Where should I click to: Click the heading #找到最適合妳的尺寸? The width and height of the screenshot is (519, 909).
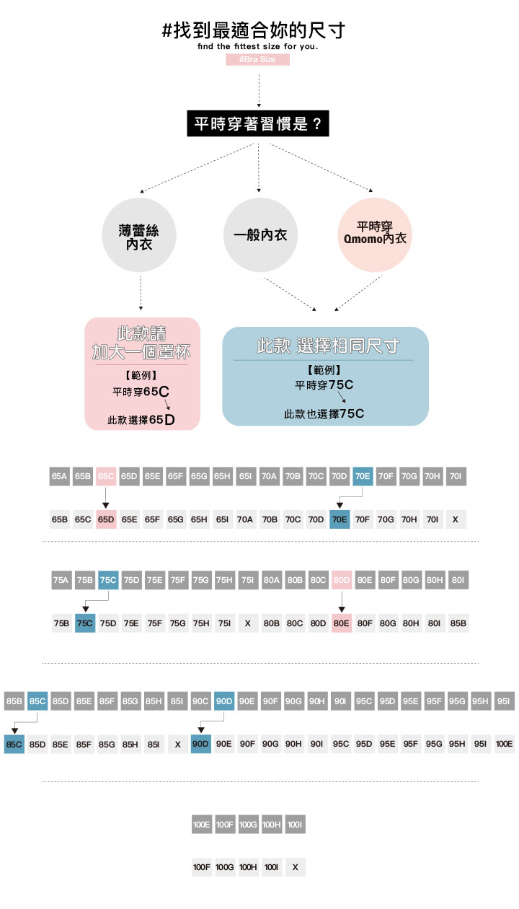pyautogui.click(x=254, y=31)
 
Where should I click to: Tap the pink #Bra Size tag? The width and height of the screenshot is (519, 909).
pyautogui.click(x=257, y=60)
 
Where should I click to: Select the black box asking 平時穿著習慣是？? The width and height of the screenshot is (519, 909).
pyautogui.click(x=258, y=123)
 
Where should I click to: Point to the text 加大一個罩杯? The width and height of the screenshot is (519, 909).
pyautogui.click(x=141, y=353)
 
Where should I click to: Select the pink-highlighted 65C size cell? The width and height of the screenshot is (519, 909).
pyautogui.click(x=105, y=476)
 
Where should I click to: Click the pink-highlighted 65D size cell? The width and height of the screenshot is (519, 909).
pyautogui.click(x=105, y=519)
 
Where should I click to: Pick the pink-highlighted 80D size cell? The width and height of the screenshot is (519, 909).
pyautogui.click(x=342, y=579)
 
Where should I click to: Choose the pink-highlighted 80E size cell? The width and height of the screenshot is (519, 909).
pyautogui.click(x=342, y=623)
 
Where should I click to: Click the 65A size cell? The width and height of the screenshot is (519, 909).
pyautogui.click(x=59, y=476)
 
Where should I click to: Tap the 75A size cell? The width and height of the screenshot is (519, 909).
pyautogui.click(x=61, y=579)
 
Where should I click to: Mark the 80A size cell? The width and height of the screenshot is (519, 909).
pyautogui.click(x=272, y=579)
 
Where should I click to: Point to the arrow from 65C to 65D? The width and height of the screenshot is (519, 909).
pyautogui.click(x=105, y=497)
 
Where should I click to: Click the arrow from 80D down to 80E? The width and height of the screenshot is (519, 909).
pyautogui.click(x=342, y=600)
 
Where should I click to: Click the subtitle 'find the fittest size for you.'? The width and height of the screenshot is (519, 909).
pyautogui.click(x=257, y=46)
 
